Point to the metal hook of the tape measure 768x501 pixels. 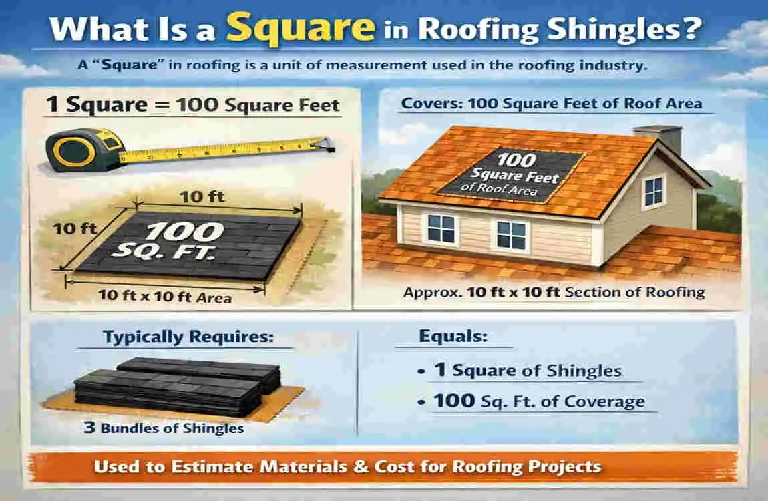point(327,142)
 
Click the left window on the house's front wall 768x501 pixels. point(441,228)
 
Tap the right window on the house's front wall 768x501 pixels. point(512,235)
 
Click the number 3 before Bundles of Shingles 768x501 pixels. point(89,428)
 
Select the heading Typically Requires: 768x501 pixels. point(188,337)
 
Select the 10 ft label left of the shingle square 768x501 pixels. point(75,228)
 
